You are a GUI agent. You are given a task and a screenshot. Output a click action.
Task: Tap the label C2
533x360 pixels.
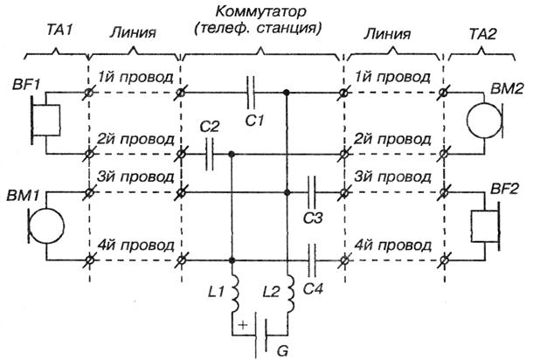click(209, 128)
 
